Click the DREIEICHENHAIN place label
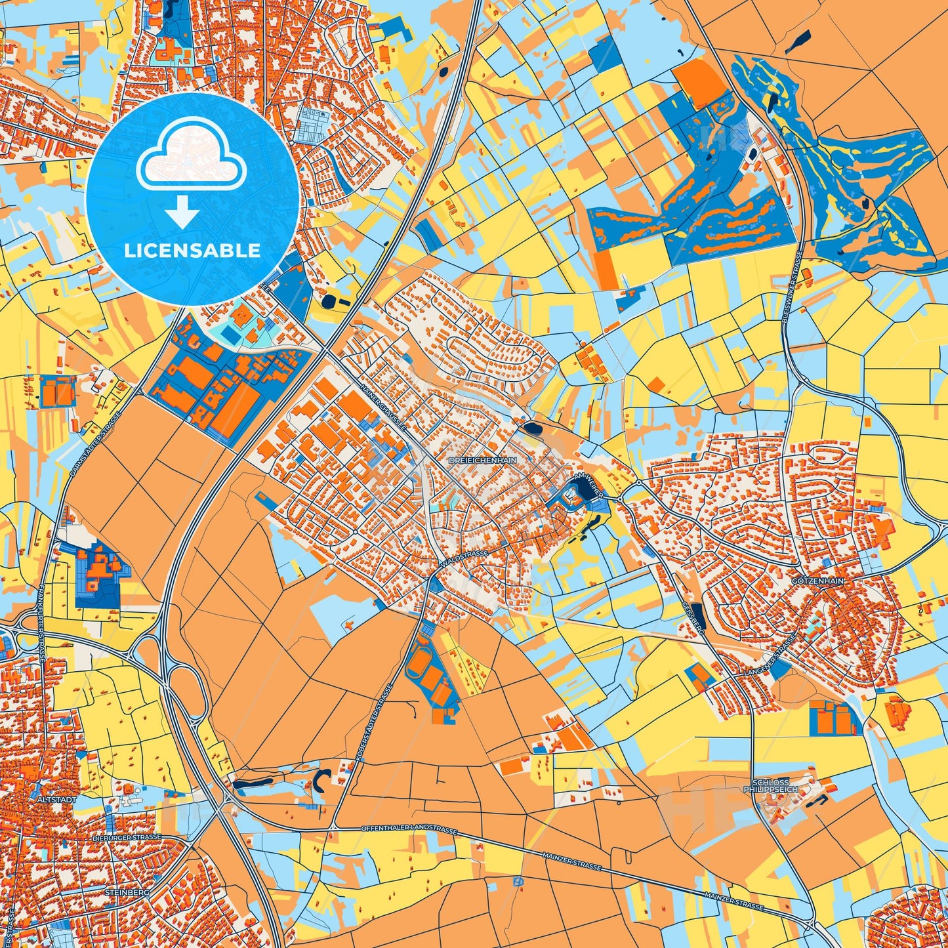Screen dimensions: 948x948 click(483, 461)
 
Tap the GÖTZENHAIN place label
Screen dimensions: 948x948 click(818, 581)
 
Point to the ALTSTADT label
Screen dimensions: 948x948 click(58, 800)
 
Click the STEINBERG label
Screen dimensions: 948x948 click(127, 893)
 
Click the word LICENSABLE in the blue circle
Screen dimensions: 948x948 click(193, 251)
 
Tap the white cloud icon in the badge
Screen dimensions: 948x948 click(191, 155)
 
